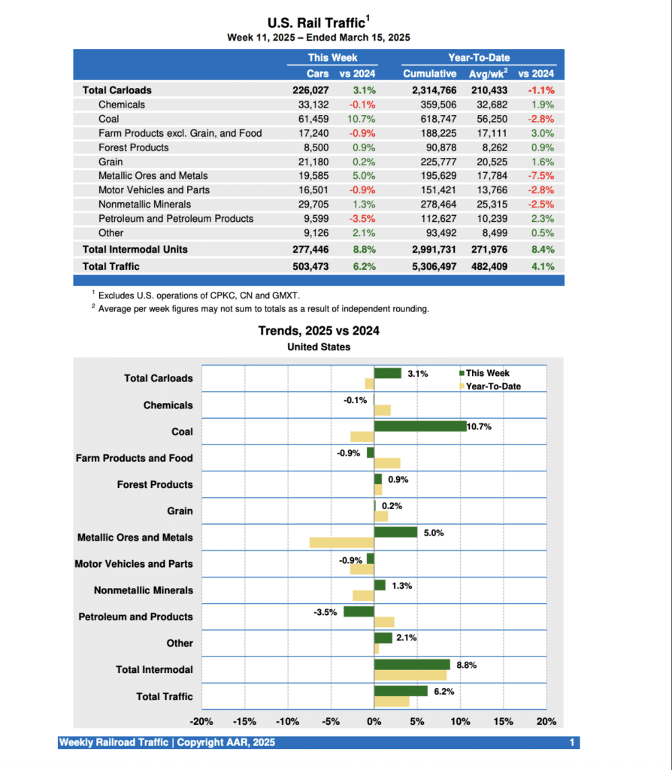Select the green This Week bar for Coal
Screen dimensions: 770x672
click(x=420, y=426)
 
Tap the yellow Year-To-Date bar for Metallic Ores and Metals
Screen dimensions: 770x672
click(x=341, y=542)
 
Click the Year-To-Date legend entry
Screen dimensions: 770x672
click(x=493, y=387)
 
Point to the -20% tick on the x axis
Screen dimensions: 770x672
click(x=201, y=722)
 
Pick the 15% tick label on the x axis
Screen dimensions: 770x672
click(x=504, y=722)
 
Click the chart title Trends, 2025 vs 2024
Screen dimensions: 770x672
click(x=319, y=331)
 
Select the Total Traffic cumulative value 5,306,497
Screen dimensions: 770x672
click(x=429, y=266)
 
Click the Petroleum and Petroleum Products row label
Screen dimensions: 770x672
click(x=176, y=219)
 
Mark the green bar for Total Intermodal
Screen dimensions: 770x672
click(x=412, y=665)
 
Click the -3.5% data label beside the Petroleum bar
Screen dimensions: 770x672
click(x=325, y=612)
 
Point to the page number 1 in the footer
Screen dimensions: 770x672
click(x=572, y=743)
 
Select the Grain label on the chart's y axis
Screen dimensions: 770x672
click(x=180, y=511)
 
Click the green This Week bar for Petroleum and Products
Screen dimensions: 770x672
click(x=359, y=611)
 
